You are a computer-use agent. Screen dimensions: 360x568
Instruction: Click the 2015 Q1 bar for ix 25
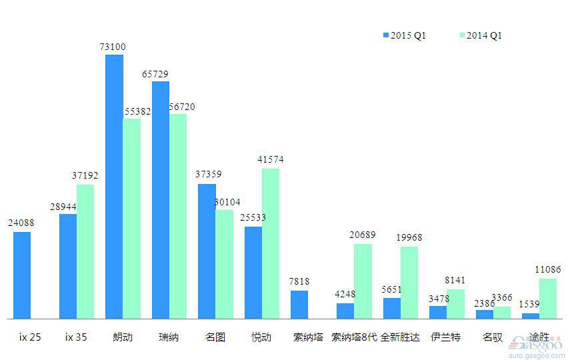pos(22,275)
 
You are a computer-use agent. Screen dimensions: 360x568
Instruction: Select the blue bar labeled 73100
pos(114,187)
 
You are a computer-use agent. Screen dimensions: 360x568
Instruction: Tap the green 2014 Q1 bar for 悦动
pos(271,243)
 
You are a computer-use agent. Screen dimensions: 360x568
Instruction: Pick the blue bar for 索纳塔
pos(299,305)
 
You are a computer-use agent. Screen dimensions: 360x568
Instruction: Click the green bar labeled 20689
pos(363,281)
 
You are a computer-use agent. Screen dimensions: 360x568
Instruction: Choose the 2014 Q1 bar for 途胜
pos(548,299)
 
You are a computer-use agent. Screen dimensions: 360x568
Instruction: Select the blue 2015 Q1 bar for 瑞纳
pos(161,200)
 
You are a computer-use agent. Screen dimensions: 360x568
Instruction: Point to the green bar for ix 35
pos(85,252)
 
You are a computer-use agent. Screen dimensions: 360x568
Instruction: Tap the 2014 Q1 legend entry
pos(480,35)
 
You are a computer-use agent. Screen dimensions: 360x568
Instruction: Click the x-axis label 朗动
pos(123,337)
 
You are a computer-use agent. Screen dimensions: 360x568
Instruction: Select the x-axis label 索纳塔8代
pos(355,337)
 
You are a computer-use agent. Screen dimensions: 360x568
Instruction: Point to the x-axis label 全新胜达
pos(400,337)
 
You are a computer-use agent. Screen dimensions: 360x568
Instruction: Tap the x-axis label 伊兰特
pos(445,337)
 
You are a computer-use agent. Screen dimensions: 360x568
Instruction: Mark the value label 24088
pos(21,223)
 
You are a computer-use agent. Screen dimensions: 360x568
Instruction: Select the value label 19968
pos(409,237)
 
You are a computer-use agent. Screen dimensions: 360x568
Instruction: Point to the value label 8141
pos(455,280)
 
